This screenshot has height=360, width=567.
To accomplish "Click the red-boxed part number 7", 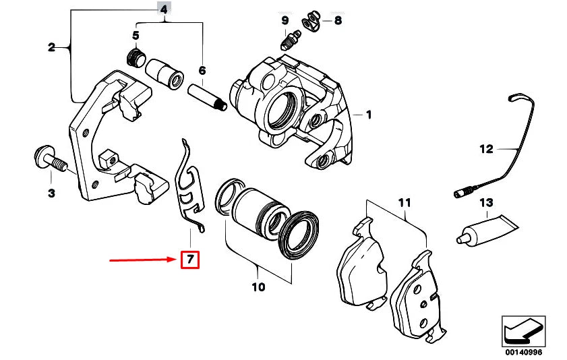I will (190, 259).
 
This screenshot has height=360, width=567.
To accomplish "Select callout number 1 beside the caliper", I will (368, 115).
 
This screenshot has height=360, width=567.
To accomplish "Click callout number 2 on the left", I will (51, 47).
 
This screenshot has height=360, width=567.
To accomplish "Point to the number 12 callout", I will (486, 148).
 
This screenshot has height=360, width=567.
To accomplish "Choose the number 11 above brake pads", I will (404, 202).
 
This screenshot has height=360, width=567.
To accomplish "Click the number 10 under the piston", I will (258, 287).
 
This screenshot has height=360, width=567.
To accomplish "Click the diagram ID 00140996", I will (523, 352).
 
